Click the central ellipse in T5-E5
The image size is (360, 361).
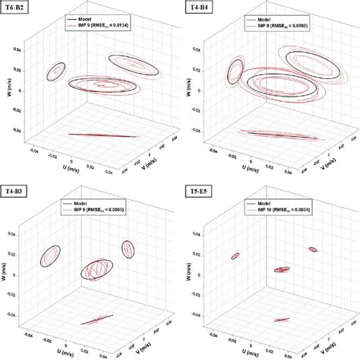(x=282, y=269)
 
